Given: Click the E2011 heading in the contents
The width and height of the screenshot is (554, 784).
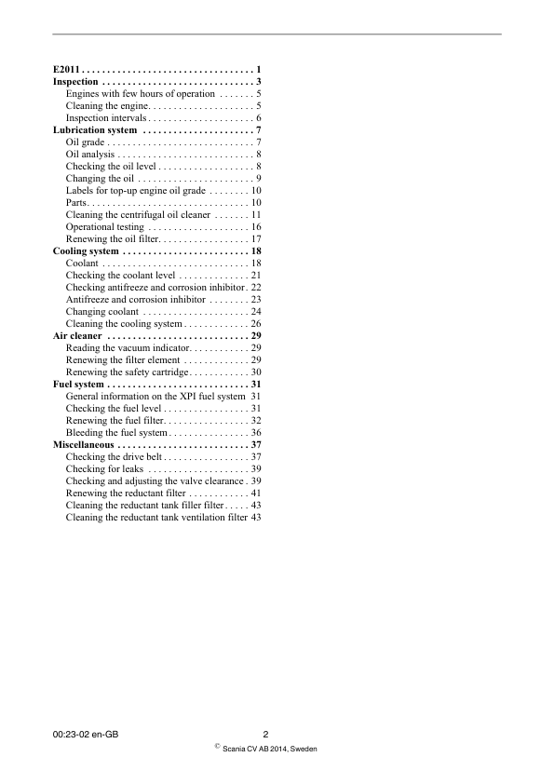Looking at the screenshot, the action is (x=67, y=70).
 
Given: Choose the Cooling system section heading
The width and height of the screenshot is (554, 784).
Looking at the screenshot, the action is (x=86, y=251).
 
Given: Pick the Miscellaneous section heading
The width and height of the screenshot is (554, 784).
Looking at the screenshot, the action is (x=83, y=445).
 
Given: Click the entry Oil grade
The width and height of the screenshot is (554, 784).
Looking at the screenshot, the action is (x=85, y=142).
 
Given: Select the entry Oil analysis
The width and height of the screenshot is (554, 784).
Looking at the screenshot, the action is (x=90, y=155).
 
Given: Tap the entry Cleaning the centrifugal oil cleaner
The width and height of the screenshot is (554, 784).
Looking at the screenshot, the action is (x=138, y=215).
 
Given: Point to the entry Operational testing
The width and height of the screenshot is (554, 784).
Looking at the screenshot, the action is (x=105, y=227).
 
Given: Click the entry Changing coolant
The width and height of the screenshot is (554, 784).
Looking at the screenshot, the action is (x=102, y=312).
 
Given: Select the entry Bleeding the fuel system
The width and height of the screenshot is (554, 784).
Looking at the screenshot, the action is (x=116, y=433).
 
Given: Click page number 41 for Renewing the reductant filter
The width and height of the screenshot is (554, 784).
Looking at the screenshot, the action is (x=255, y=493).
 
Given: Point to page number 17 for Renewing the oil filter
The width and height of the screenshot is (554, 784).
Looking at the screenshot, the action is (x=255, y=239).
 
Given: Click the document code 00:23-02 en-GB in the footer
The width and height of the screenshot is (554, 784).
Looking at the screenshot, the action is (x=86, y=735).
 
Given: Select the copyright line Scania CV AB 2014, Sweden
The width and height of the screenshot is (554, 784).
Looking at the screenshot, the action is (x=270, y=749).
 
